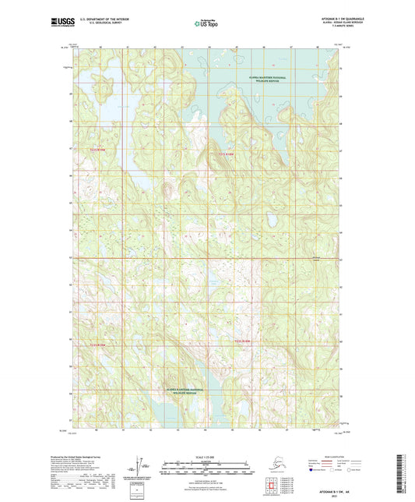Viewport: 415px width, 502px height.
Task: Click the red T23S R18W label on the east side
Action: pyautogui.click(x=244, y=341)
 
